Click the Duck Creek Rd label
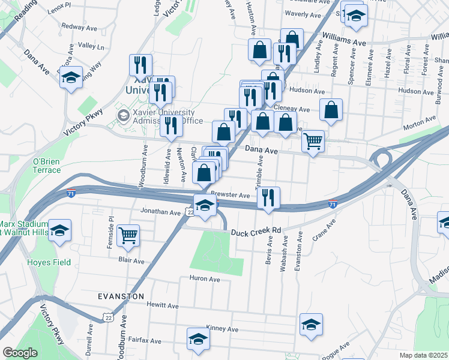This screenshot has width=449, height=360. pos(256,230)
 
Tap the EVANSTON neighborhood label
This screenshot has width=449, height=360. pos(121,296)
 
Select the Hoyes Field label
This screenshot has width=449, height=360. pos(49,262)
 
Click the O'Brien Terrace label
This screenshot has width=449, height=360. pos(47,166)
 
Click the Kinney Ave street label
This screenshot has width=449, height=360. pos(222,329)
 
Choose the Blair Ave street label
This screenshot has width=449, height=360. pos(131,261)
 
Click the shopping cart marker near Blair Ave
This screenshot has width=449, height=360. pos(128,235)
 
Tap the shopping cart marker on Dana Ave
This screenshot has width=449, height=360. pos(313,142)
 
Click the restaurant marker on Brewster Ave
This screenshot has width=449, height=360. pos(268,197)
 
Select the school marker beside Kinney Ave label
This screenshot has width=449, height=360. pos(311,324)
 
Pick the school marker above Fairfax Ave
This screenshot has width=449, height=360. pos(198,338)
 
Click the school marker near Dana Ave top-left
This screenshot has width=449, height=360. pos(71,77)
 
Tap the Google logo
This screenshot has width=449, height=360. pos(20,353)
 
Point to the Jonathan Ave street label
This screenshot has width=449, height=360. pos(160,212)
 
